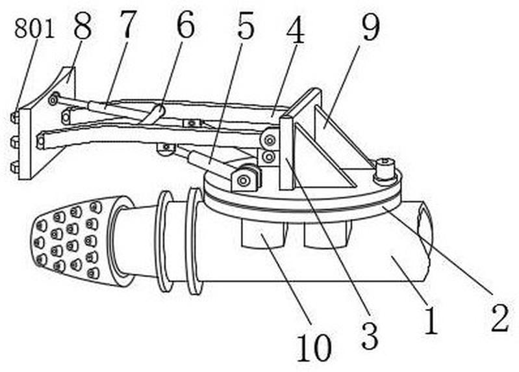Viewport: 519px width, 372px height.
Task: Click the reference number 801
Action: point(34,29)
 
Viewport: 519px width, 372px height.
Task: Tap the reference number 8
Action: point(82,26)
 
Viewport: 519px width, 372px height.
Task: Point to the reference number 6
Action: point(185,24)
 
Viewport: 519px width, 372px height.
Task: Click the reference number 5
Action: point(246,25)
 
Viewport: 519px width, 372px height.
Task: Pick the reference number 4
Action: point(296,29)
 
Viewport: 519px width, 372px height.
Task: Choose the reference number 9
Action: point(370,27)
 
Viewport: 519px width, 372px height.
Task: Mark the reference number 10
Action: point(314,347)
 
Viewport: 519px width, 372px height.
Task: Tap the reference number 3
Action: point(370,336)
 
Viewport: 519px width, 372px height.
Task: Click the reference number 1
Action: point(431,320)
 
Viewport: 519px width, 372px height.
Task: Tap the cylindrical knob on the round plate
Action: point(385,170)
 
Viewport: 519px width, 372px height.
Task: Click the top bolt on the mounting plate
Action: point(14,118)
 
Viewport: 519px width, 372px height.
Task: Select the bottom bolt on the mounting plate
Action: point(14,168)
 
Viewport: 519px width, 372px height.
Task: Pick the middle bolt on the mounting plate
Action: point(14,142)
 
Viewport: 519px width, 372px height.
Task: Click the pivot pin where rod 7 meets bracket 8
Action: point(53,100)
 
